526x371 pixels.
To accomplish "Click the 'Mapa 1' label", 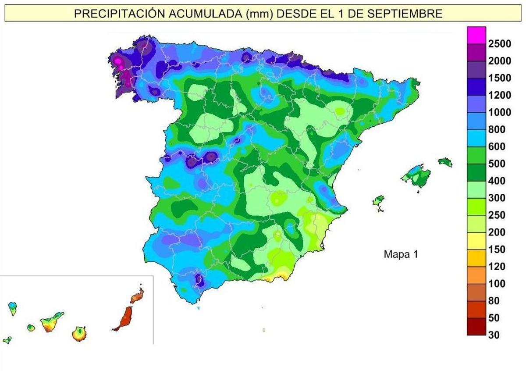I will point(401,254).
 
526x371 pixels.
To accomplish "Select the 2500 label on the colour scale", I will point(499,43).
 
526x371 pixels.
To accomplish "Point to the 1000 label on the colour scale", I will point(499,112).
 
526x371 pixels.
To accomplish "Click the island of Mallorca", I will point(416,175).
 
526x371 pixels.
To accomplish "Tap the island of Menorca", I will point(445,162).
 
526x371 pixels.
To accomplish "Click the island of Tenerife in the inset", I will point(51,323).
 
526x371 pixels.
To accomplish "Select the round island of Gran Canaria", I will point(79,333).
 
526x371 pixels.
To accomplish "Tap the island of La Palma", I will point(13,307).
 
